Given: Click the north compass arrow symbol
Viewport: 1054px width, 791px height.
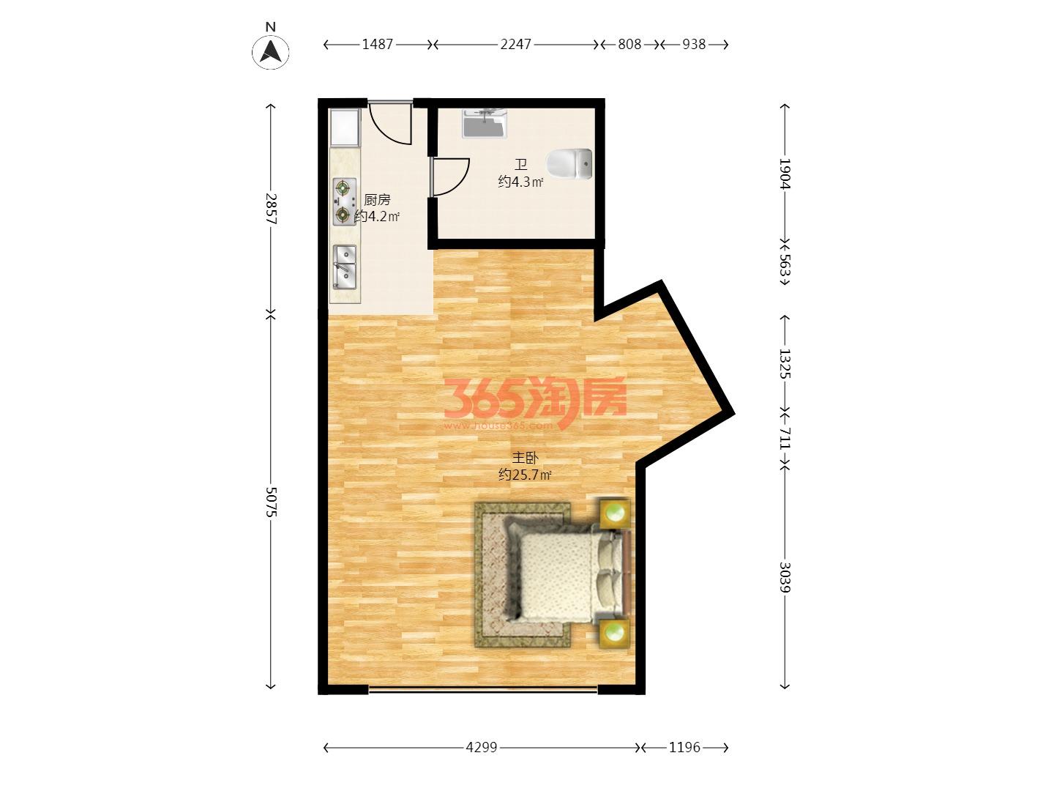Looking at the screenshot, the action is tap(270, 51).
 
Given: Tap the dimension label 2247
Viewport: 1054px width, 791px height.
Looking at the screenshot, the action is tap(516, 45).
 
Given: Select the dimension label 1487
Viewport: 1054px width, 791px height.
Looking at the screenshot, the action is tap(378, 45).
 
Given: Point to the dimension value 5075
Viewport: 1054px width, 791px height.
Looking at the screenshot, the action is tap(272, 502).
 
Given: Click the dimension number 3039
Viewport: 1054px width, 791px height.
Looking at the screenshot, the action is tap(784, 577).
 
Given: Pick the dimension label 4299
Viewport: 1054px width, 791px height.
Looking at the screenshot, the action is tap(482, 747).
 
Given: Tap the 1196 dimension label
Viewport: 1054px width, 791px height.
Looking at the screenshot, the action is tap(685, 747).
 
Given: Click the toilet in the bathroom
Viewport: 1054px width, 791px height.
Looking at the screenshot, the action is tap(569, 164).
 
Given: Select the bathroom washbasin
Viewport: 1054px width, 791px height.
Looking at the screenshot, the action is tap(485, 124).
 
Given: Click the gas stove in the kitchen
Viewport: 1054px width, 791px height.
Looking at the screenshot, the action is tap(344, 201).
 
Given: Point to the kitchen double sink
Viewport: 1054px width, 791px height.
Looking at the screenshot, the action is tap(345, 267).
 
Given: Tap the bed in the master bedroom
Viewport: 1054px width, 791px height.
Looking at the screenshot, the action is tap(567, 574).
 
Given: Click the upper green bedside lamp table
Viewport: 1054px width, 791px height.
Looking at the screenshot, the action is tap(615, 513).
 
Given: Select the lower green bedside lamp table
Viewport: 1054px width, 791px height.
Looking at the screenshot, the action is tap(615, 634).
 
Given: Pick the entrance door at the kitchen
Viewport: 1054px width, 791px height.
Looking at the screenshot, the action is tap(390, 122).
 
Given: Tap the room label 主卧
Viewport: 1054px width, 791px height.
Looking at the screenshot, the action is tap(525, 458).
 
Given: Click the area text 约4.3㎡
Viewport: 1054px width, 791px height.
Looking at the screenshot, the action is tap(520, 182).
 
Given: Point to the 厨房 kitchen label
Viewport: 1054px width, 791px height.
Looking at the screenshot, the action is tap(377, 200).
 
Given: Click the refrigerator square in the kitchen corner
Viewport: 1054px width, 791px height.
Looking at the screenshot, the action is tap(345, 127).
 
